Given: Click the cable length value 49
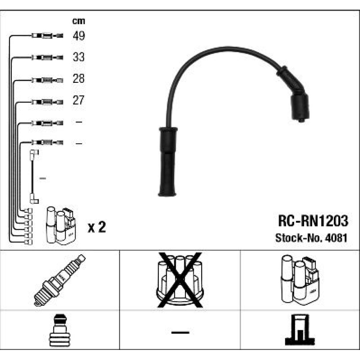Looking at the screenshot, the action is pyautogui.click(x=79, y=36).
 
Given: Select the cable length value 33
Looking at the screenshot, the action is pyautogui.click(x=79, y=57).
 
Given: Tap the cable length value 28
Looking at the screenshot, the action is pyautogui.click(x=79, y=78).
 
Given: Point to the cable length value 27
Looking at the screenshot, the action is pyautogui.click(x=78, y=100).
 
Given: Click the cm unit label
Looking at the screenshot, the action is pyautogui.click(x=79, y=21).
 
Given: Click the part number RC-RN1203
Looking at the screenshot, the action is pyautogui.click(x=313, y=221).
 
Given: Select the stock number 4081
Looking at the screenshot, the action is pyautogui.click(x=336, y=238).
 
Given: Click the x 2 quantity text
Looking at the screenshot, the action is pyautogui.click(x=97, y=227).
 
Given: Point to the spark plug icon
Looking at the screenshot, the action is pyautogui.click(x=60, y=280).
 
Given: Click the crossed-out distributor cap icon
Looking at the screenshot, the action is pyautogui.click(x=180, y=280).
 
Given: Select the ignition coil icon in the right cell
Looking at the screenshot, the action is pyautogui.click(x=300, y=280).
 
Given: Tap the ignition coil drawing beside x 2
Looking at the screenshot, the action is pyautogui.click(x=61, y=226).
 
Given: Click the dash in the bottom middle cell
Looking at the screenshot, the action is pyautogui.click(x=180, y=332).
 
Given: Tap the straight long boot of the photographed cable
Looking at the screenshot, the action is pyautogui.click(x=168, y=162).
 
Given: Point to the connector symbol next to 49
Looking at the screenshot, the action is pyautogui.click(x=48, y=36).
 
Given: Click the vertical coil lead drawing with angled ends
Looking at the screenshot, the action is pyautogui.click(x=34, y=176).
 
